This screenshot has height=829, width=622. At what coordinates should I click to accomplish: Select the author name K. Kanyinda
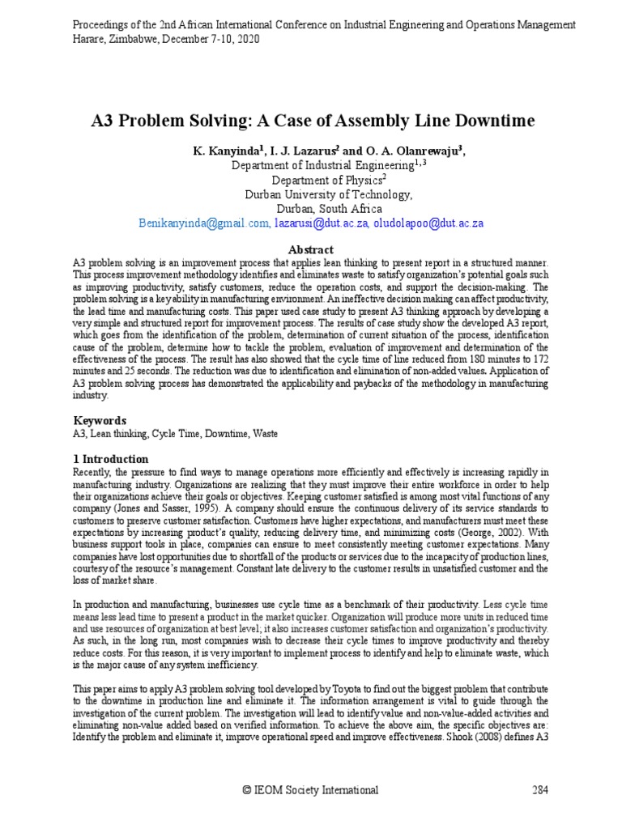223,151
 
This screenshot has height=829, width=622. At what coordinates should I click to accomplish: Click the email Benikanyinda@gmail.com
203,223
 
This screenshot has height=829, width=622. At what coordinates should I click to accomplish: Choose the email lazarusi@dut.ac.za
321,223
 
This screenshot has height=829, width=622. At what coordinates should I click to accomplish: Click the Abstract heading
311,249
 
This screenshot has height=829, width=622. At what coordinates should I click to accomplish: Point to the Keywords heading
100,420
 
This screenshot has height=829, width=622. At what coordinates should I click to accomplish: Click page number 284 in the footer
540,790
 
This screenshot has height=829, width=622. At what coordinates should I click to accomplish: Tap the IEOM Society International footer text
311,790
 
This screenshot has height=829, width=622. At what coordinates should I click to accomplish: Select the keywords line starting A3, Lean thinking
175,433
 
